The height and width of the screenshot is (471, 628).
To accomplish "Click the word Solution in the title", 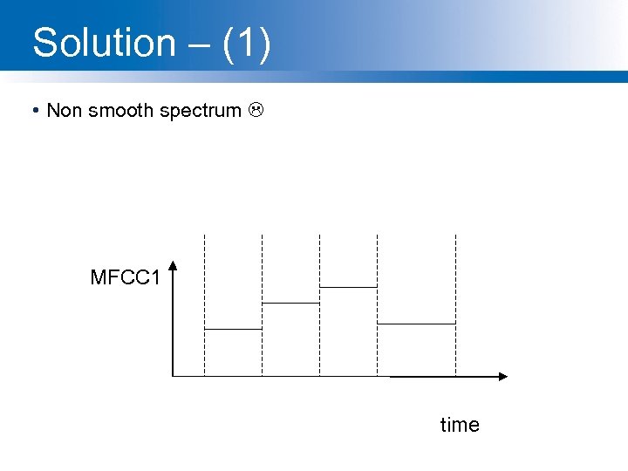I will pyautogui.click(x=104, y=43).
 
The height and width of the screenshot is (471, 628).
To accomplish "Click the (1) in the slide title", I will pyautogui.click(x=247, y=43).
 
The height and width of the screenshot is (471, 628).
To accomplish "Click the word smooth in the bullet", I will pyautogui.click(x=120, y=111).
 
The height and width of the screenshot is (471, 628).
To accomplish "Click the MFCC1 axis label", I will pyautogui.click(x=125, y=278).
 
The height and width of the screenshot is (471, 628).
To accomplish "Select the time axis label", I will pyautogui.click(x=460, y=425).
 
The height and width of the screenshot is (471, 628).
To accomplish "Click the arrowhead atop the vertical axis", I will pyautogui.click(x=174, y=266).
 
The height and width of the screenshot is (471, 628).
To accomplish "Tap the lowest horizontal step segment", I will pyautogui.click(x=233, y=329).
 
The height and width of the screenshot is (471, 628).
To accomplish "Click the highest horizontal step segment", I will pyautogui.click(x=348, y=286).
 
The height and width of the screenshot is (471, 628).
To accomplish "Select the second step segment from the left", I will pyautogui.click(x=290, y=303).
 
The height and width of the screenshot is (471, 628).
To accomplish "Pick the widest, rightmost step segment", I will pyautogui.click(x=416, y=324).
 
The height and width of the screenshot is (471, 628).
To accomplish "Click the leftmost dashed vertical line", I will pyautogui.click(x=204, y=305).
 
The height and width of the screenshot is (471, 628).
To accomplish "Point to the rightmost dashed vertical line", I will pyautogui.click(x=455, y=305).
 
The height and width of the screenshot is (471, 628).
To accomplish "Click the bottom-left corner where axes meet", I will pyautogui.click(x=174, y=376).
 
